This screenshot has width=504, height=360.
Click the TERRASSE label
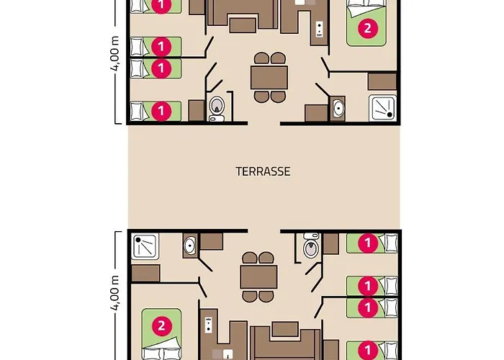point(263,171)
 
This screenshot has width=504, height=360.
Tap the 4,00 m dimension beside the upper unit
point(115,54)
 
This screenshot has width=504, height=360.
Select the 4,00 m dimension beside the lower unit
point(115,292)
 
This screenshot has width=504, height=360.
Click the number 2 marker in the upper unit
point(368,29)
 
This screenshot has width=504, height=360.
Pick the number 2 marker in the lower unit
point(161,326)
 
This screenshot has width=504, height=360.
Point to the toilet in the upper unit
point(217,109)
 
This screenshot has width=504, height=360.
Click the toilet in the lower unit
point(311,246)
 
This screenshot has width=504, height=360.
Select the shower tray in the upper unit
point(382,108)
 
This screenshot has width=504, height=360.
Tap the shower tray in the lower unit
point(145,246)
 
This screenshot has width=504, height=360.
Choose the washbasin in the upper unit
point(338,109)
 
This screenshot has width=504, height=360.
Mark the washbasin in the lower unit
point(189,246)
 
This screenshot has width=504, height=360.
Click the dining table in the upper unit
point(269,78)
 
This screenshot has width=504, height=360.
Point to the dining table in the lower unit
point(258,277)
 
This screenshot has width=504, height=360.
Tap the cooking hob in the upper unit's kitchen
point(319,30)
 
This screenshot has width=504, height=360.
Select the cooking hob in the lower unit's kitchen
point(208,325)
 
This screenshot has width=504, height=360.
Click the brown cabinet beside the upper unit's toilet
point(197,111)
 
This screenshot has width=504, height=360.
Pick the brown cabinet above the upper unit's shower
point(382,81)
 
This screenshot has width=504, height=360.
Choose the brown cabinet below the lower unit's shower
point(145,273)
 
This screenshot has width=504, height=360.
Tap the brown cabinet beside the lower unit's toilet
point(330,244)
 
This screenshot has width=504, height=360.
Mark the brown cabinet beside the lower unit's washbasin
point(211,241)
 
